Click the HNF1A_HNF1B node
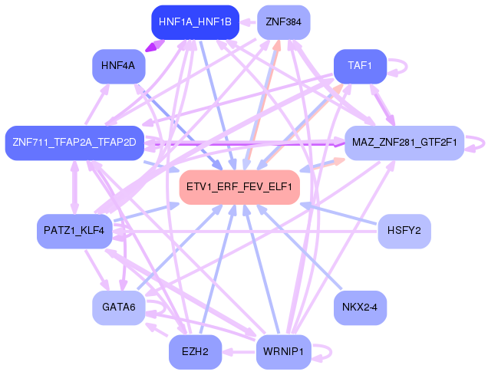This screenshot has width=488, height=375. coord(196,21)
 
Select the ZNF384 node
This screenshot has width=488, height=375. coord(283,21)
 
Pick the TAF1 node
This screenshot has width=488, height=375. coord(360,66)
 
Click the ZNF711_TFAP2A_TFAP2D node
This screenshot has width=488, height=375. coord(74,142)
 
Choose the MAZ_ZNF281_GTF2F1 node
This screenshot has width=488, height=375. coord(404,142)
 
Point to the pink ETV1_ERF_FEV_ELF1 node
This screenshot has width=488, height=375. coord(239,187)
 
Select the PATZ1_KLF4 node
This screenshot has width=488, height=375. coord(74,230)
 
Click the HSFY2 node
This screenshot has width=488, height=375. coord(404,230)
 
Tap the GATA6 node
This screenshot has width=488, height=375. coord(118,308)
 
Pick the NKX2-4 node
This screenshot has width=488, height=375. coord(360,308)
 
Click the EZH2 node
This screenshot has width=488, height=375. coord(195,352)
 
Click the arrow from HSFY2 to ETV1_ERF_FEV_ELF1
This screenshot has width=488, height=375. coord(338,214)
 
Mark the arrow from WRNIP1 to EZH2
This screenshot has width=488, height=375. coord(239,352)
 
